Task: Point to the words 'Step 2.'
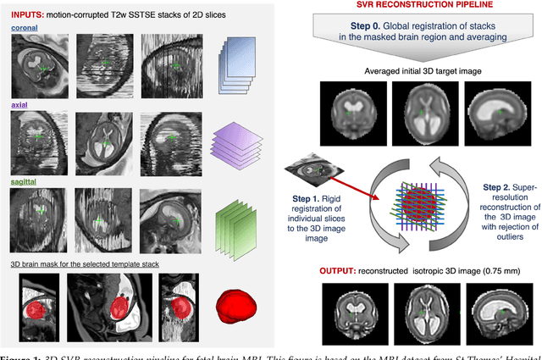pos(499,186)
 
